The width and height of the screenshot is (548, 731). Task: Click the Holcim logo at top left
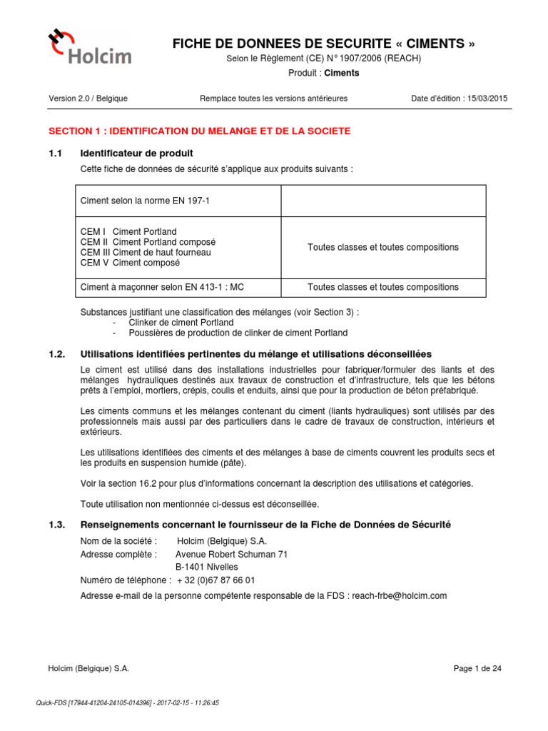tap(88, 46)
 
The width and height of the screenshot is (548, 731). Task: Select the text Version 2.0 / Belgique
tap(88, 99)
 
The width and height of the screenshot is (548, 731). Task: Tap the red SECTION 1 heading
tap(199, 131)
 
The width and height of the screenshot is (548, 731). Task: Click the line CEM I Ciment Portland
tap(128, 232)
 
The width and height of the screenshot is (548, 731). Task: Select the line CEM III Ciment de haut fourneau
tap(146, 252)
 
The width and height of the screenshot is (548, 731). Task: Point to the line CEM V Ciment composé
tap(130, 262)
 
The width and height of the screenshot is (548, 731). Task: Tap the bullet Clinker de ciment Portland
tap(181, 323)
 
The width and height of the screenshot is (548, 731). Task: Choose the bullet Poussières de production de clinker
tap(238, 333)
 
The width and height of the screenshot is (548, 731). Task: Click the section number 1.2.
tap(57, 354)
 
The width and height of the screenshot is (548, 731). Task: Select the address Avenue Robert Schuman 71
tap(231, 554)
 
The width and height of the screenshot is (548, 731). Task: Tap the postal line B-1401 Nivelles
tap(206, 567)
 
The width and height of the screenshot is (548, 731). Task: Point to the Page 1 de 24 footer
tap(477, 668)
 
